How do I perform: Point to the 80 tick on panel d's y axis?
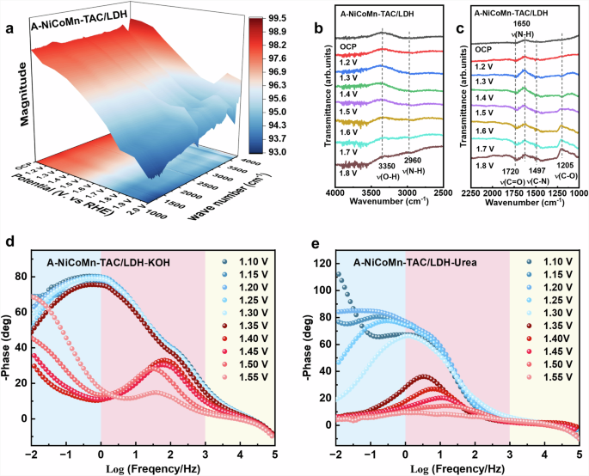[19, 278]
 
